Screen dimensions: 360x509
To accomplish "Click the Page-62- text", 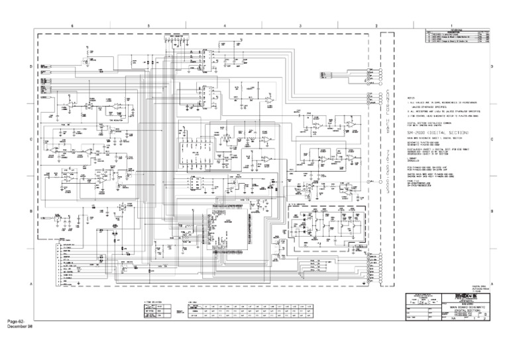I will click(18, 322).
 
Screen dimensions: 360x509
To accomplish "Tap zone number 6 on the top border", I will click(73, 25).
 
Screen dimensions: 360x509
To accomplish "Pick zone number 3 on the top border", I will click(300, 25).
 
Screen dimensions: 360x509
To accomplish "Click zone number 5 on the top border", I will click(148, 25).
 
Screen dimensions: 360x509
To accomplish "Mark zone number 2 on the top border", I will click(376, 25).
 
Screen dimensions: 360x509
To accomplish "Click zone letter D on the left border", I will click(29, 67).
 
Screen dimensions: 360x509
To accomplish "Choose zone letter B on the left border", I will click(29, 211).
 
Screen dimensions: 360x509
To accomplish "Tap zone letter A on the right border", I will click(491, 283).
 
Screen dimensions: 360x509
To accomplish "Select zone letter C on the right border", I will click(491, 139).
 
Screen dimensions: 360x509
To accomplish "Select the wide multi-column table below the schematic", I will click(253, 310).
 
